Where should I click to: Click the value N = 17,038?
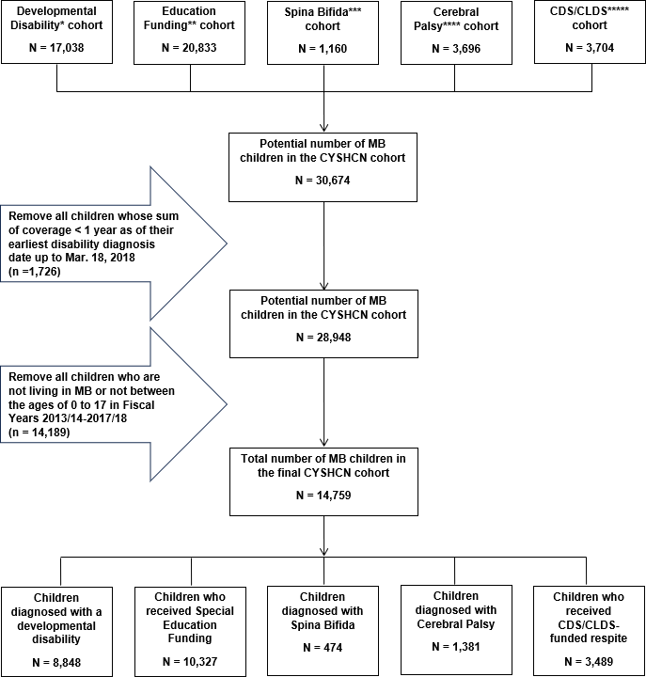56,48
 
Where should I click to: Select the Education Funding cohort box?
190,32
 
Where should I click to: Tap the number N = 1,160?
323,48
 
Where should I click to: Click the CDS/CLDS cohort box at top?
590,32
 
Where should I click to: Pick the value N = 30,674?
323,180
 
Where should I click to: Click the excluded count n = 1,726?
35,271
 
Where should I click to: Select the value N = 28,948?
323,338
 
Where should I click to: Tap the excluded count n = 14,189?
39,433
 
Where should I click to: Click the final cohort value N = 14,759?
323,496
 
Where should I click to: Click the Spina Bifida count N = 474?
323,648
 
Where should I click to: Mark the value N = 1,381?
456,647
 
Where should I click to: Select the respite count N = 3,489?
589,661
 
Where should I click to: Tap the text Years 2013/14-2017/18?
68,418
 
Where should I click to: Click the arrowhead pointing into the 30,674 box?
323,127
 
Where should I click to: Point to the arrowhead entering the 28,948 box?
323,286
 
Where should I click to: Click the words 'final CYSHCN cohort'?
323,473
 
